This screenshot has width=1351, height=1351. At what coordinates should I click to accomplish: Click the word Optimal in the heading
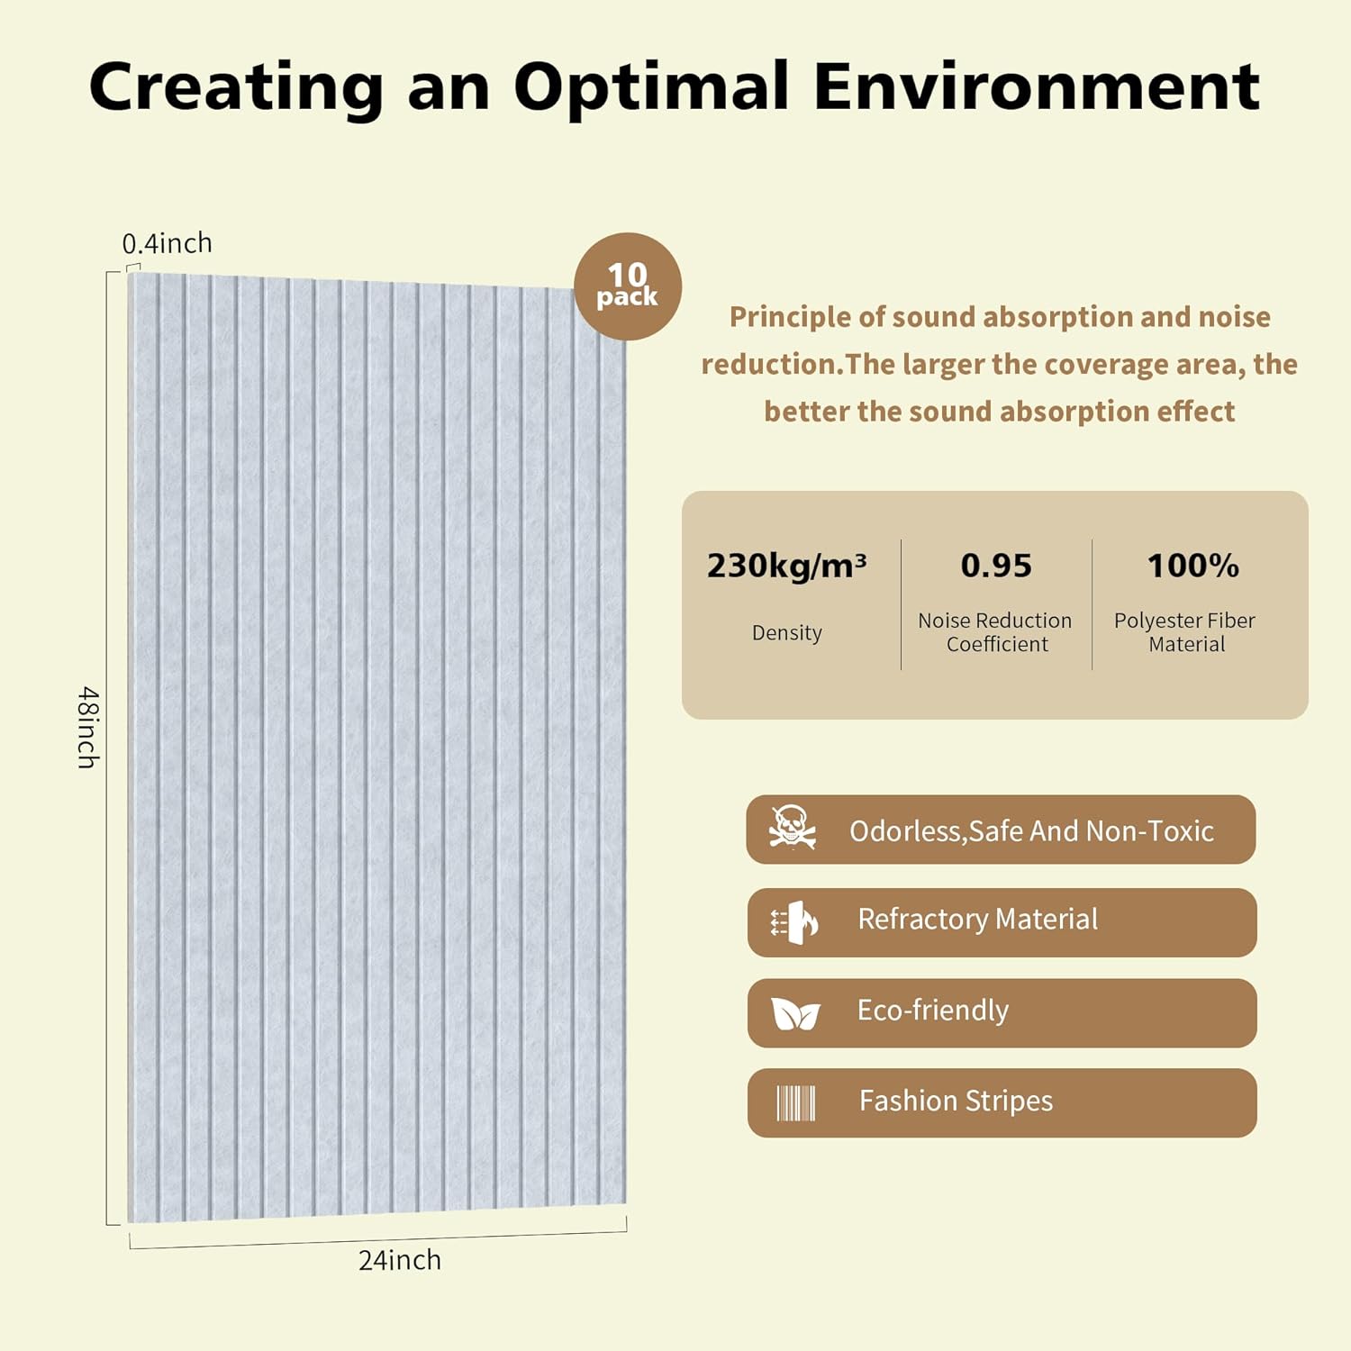(651, 87)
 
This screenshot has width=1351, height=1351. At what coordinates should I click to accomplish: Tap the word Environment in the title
(1036, 87)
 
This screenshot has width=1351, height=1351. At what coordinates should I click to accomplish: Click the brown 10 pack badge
(628, 286)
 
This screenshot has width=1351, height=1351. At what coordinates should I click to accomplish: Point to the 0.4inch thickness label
(168, 243)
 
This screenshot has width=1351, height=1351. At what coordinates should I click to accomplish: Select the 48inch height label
(87, 727)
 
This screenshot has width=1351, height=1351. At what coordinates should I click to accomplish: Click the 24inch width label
(400, 1260)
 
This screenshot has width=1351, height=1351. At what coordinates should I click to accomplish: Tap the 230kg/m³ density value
(786, 566)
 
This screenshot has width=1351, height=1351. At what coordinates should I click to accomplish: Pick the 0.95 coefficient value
(996, 566)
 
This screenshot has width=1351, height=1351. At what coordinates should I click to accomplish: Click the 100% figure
(1192, 566)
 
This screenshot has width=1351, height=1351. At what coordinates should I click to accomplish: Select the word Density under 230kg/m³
(787, 632)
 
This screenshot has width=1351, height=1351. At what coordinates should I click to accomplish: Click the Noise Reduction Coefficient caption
(995, 632)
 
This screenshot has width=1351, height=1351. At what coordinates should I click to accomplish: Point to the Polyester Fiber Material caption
(1185, 632)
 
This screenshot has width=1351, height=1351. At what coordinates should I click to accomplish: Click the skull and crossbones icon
(792, 828)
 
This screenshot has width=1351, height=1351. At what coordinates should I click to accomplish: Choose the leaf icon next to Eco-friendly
(795, 1014)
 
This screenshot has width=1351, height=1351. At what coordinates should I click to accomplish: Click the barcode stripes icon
(795, 1102)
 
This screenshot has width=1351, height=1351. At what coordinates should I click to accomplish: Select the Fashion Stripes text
(956, 1101)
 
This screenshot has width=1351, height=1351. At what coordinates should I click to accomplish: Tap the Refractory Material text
(977, 919)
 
